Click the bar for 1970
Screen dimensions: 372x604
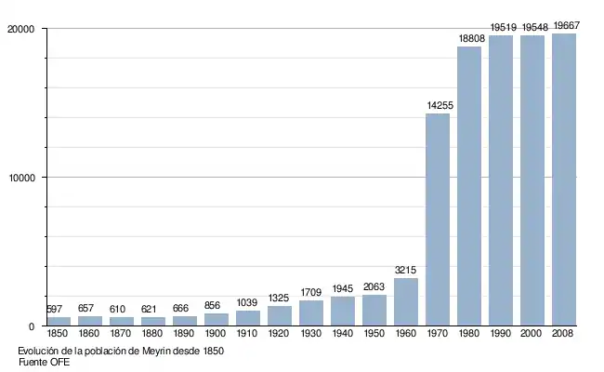click(438, 219)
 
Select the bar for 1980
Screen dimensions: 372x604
click(469, 186)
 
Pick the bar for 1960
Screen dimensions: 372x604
click(406, 301)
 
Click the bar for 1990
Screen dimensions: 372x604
click(501, 180)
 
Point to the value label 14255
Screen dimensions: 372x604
click(439, 106)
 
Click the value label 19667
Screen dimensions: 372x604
click(565, 26)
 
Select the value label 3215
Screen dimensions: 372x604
click(406, 271)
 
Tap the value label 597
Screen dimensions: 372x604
click(57, 310)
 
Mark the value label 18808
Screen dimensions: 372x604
click(469, 39)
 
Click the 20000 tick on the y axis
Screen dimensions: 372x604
click(20, 30)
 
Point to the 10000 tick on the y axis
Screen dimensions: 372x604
click(20, 178)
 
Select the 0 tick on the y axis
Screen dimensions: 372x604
click(32, 326)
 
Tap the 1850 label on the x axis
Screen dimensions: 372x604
click(59, 334)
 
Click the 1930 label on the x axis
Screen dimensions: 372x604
click(311, 334)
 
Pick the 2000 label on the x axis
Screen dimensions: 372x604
click(532, 334)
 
